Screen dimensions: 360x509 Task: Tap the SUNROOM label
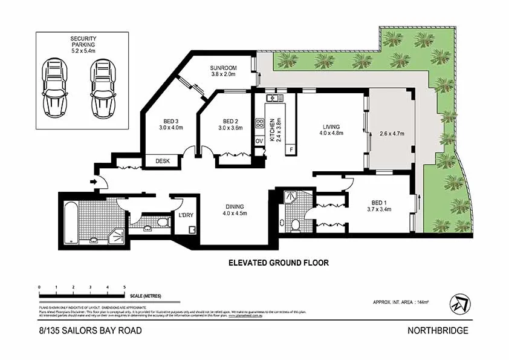click(223, 68)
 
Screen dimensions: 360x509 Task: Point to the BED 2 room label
click(232, 120)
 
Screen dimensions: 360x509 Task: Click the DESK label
click(163, 161)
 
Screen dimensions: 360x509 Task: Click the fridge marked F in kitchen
click(291, 148)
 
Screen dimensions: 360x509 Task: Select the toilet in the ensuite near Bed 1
click(295, 225)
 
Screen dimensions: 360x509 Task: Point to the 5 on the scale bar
click(125, 287)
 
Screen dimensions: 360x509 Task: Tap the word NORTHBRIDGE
click(438, 330)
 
